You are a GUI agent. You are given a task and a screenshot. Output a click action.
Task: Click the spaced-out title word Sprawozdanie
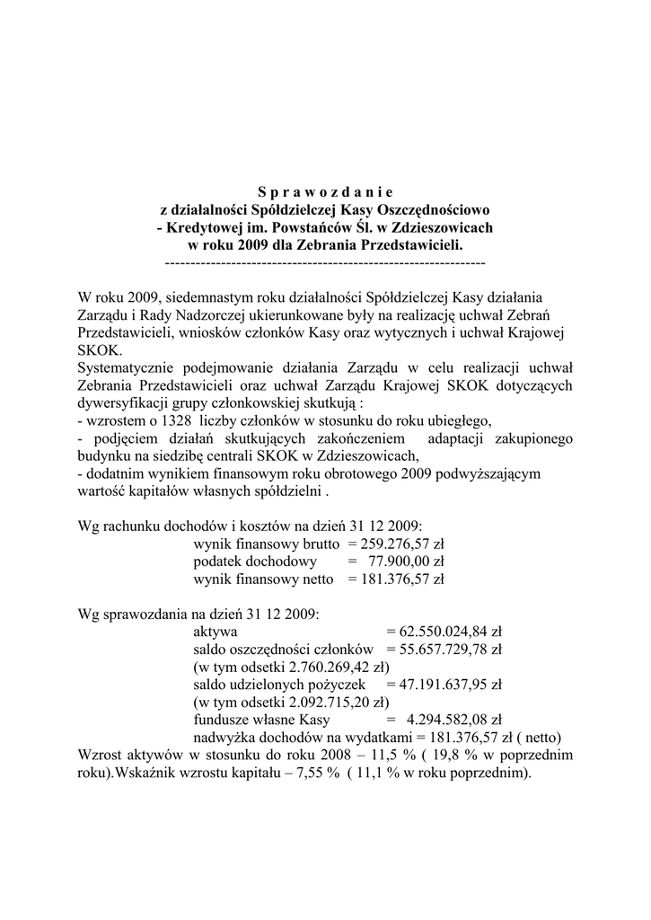pos(325,191)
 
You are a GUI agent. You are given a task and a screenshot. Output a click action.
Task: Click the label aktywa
pos(216,632)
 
